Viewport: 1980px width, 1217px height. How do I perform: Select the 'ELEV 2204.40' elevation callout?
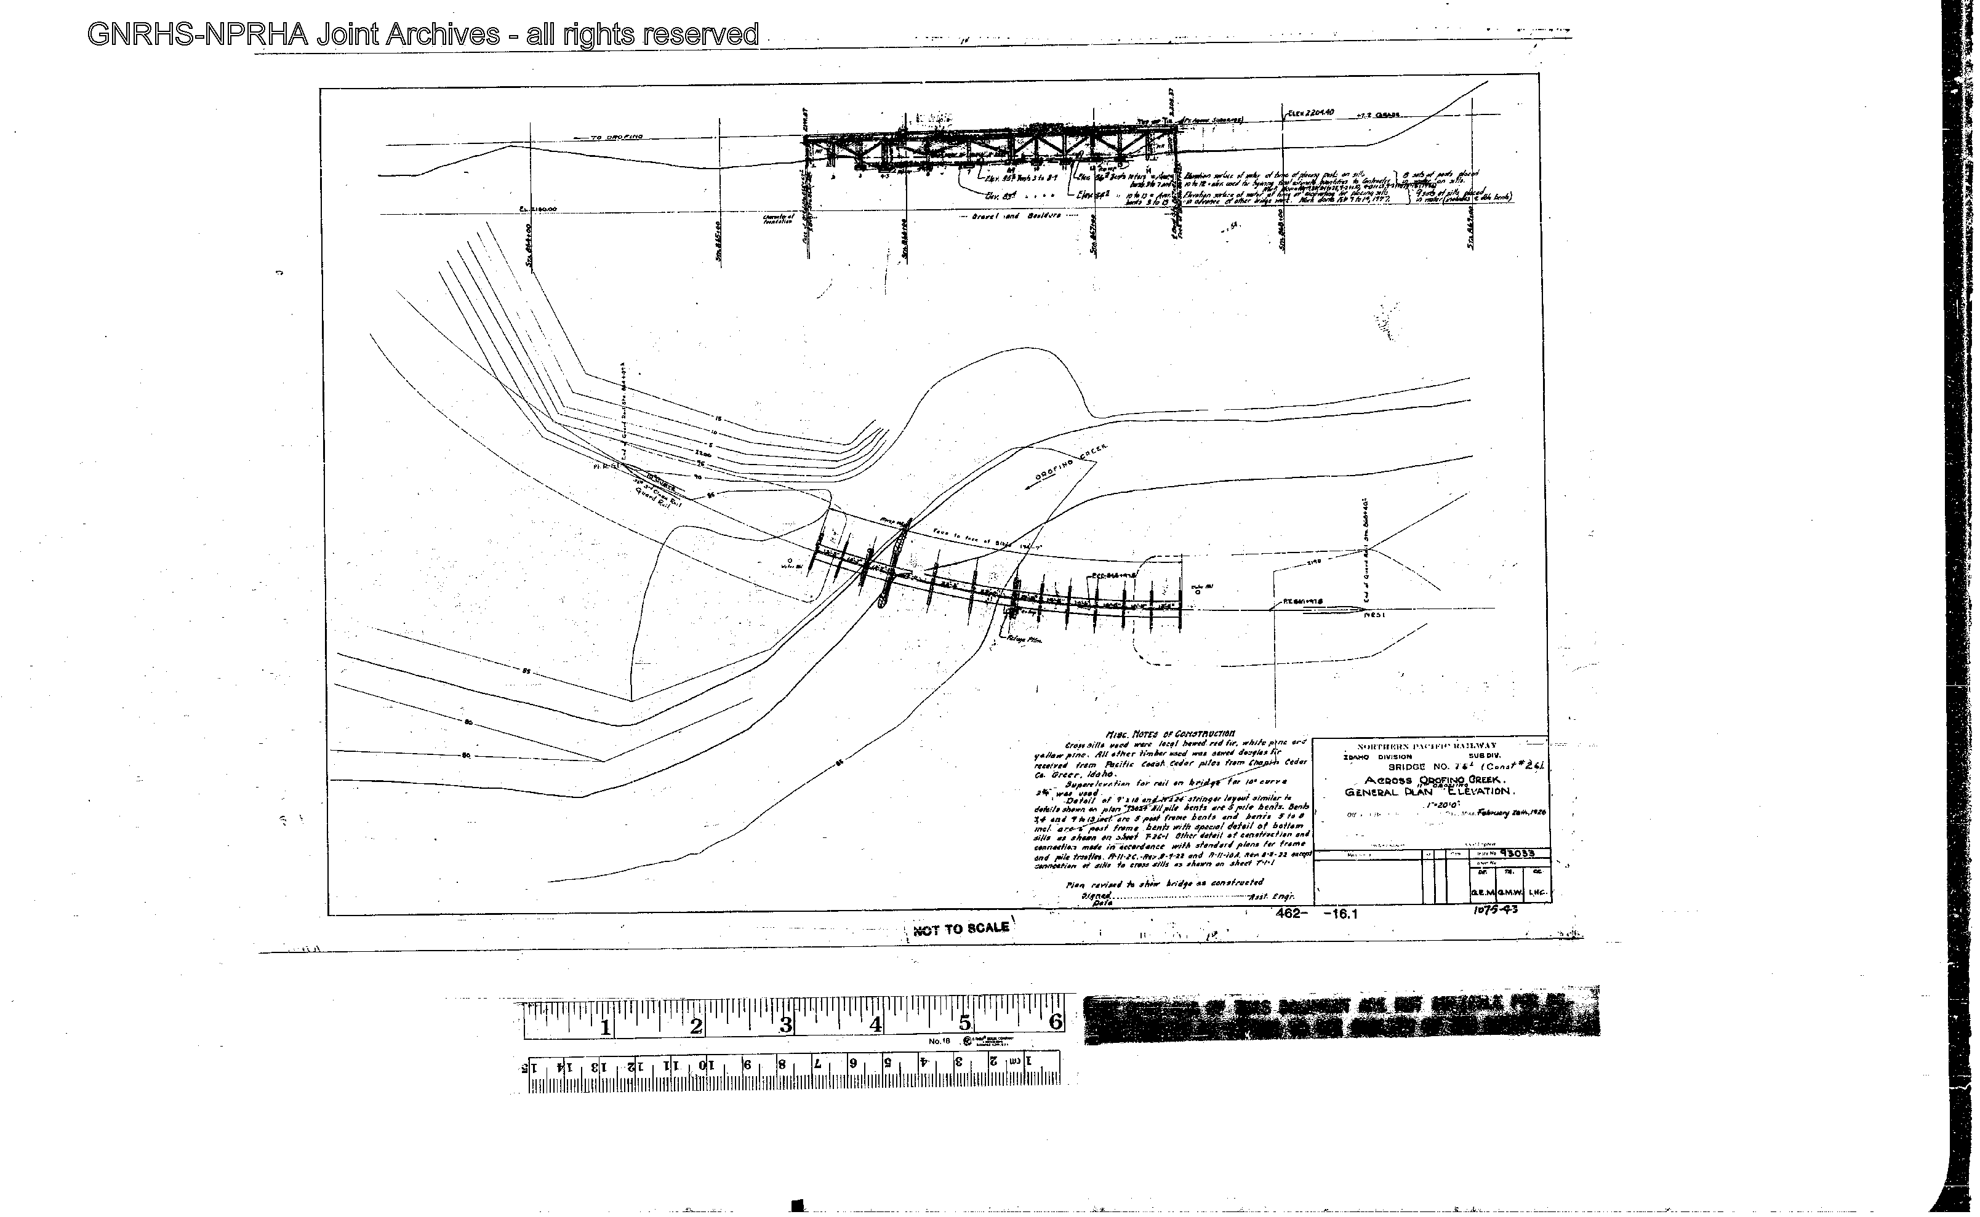(x=1312, y=113)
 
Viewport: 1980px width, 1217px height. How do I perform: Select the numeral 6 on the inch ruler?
(x=1055, y=1022)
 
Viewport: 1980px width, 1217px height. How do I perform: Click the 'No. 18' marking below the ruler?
(x=940, y=1042)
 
